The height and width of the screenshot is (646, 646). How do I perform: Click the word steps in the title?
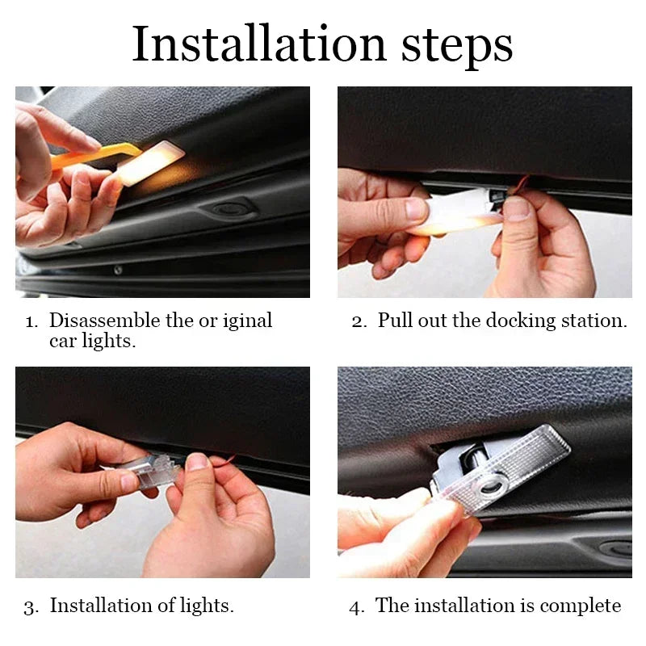457,45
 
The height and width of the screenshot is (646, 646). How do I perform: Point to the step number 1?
30,321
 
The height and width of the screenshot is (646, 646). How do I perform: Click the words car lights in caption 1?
90,341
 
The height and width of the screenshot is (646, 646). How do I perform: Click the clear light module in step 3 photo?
154,471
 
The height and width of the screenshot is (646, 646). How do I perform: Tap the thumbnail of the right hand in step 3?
196,462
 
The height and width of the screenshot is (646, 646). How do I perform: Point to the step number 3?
30,606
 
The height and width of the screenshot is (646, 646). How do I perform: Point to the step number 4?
356,606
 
